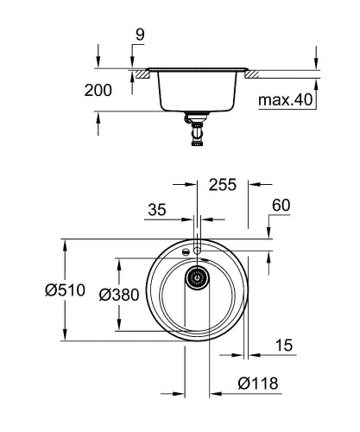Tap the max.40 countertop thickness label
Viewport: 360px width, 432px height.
(285, 101)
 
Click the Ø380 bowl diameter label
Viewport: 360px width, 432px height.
(119, 295)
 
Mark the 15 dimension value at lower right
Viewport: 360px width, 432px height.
(281, 345)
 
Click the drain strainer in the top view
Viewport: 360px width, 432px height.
(198, 278)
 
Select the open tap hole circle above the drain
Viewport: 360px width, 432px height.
(198, 251)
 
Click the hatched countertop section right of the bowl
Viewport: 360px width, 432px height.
(254, 75)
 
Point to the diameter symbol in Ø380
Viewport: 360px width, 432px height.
(104, 295)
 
